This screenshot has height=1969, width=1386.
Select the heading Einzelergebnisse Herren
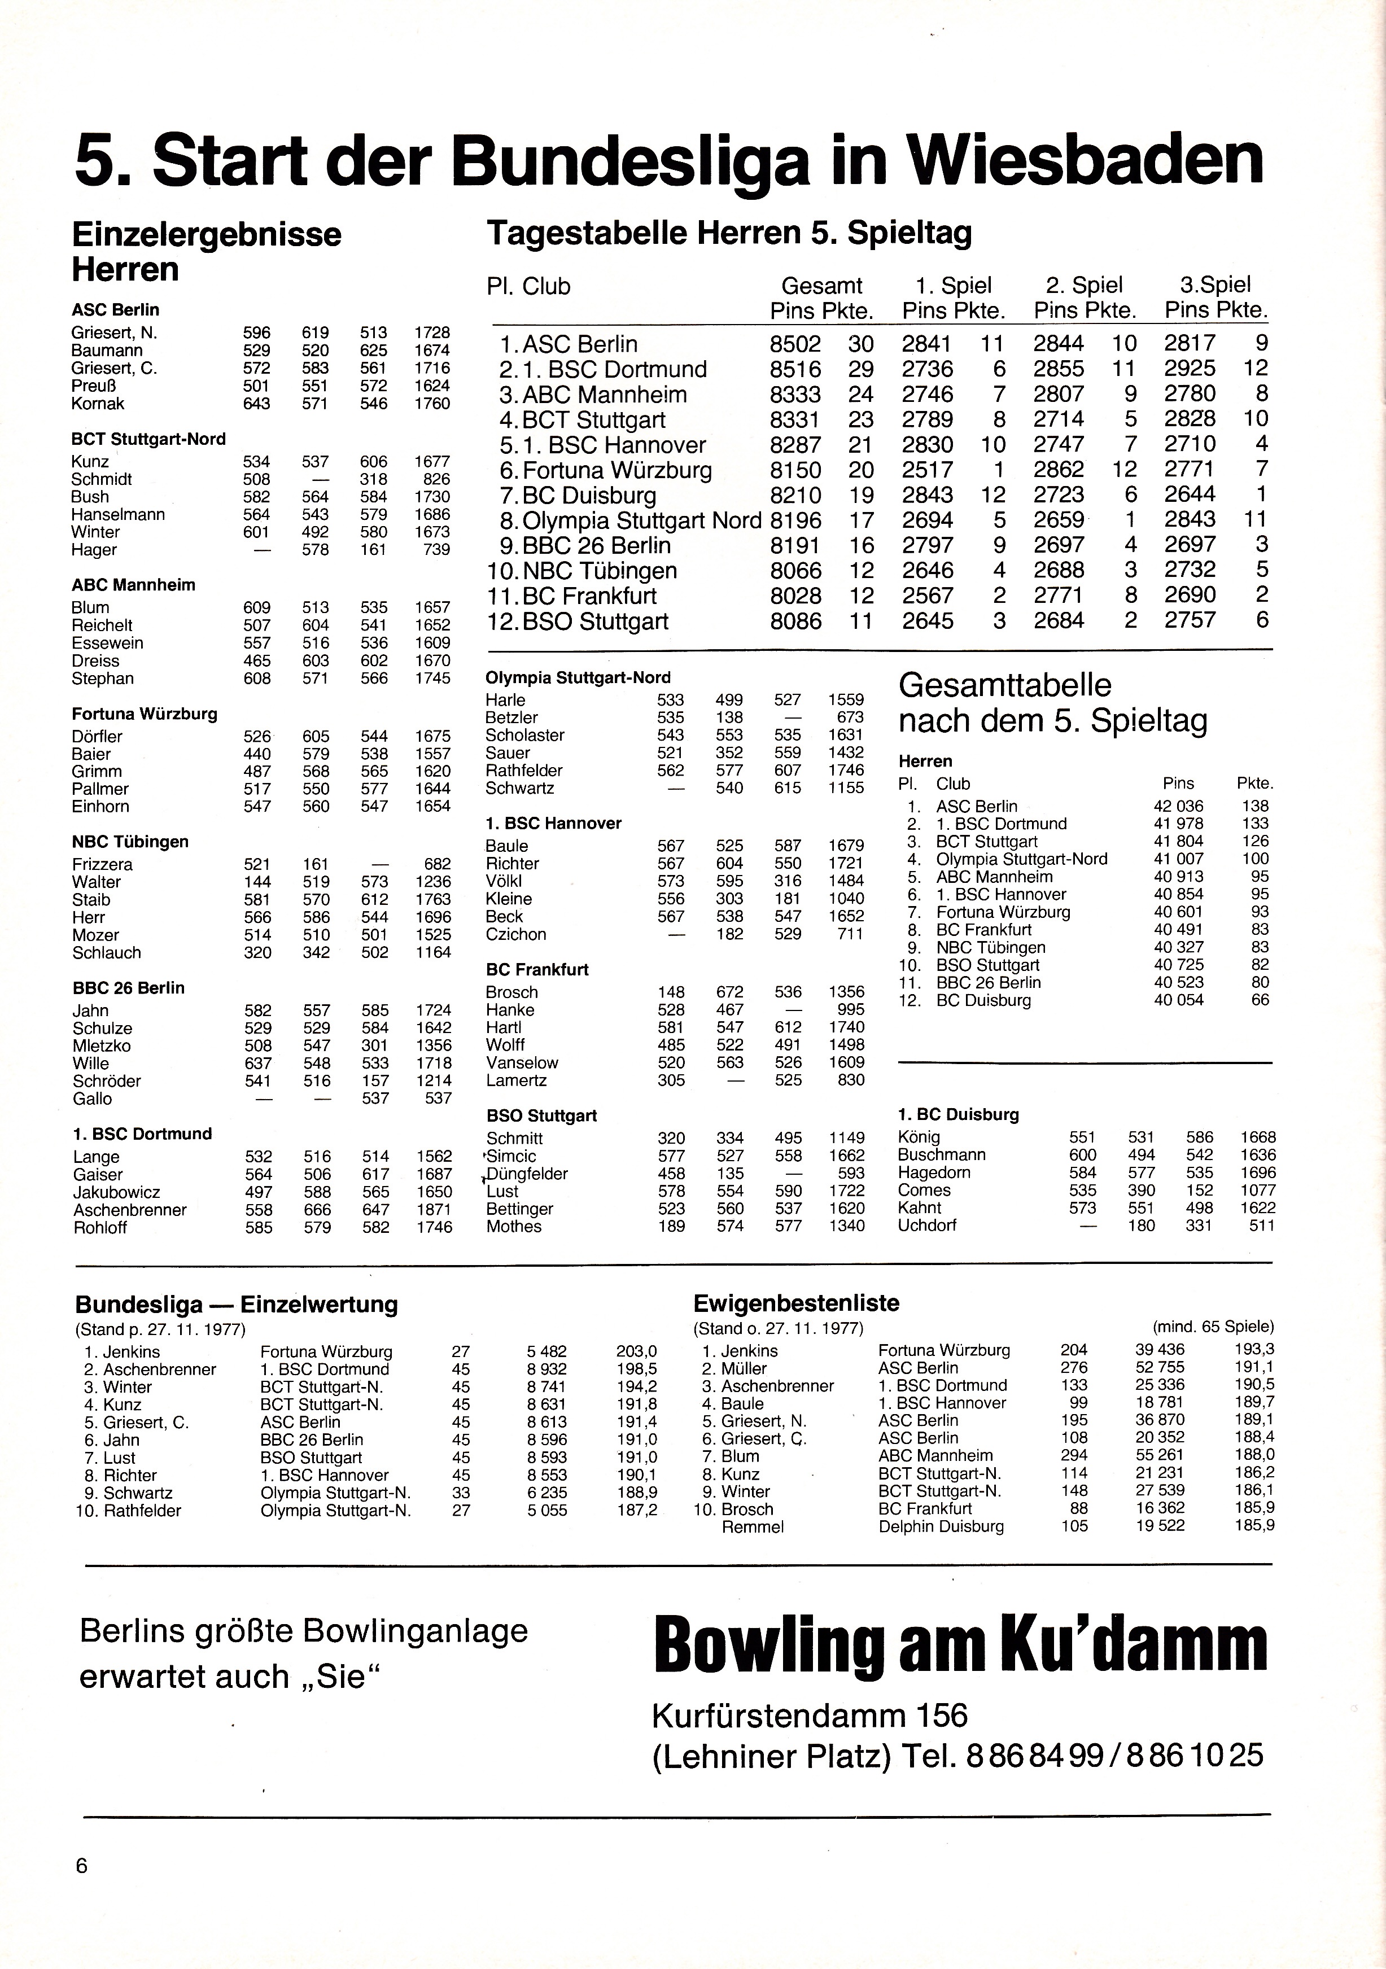click(x=206, y=251)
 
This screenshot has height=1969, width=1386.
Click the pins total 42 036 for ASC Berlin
click(x=1178, y=806)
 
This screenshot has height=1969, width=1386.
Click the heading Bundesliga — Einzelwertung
click(x=237, y=1305)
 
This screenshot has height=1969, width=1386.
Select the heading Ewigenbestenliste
click(x=796, y=1303)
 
